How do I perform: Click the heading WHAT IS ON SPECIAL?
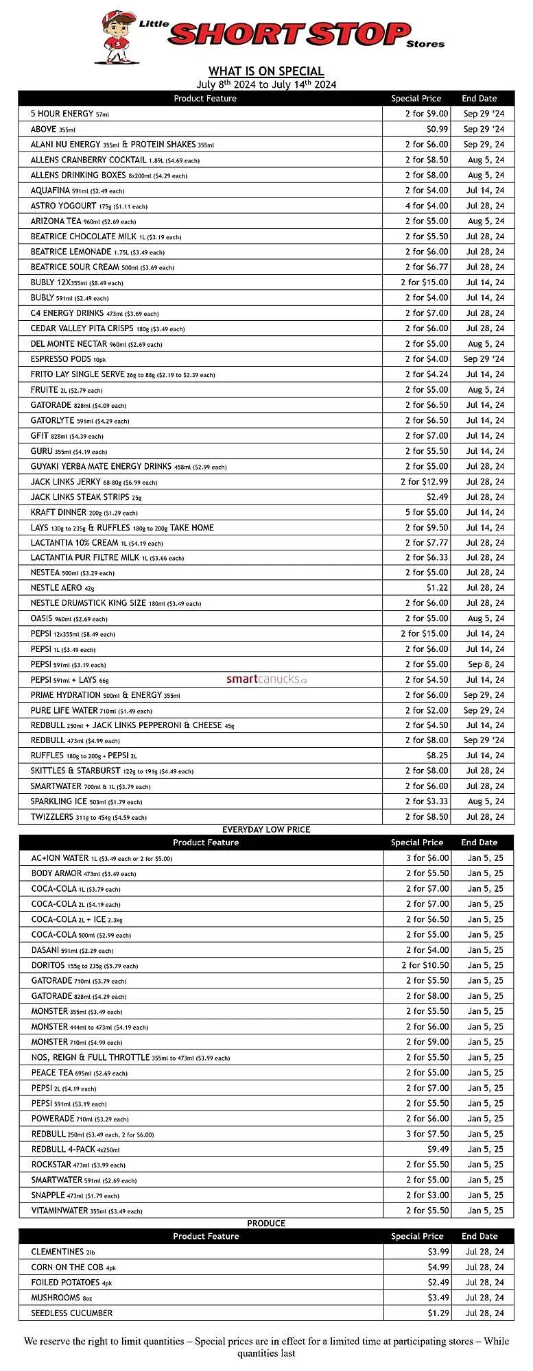[x=266, y=71]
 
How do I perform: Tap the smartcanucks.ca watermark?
[x=266, y=679]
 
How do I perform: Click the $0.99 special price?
[x=437, y=129]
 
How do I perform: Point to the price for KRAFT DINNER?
[x=426, y=512]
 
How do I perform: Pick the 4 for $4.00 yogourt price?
[x=426, y=206]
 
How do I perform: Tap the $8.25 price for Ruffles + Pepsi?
[x=437, y=755]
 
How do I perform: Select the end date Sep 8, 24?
[x=486, y=664]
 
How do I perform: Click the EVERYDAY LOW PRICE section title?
[x=266, y=829]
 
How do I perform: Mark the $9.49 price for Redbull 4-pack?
[x=438, y=1149]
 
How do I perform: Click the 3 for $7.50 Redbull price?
[x=427, y=1134]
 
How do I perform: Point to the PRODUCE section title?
[x=266, y=1223]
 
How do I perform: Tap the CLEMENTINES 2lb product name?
[x=62, y=1252]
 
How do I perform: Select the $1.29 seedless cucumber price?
[x=438, y=1313]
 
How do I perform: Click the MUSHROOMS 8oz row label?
[x=61, y=1298]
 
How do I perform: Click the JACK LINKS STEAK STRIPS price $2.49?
[x=437, y=497]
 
